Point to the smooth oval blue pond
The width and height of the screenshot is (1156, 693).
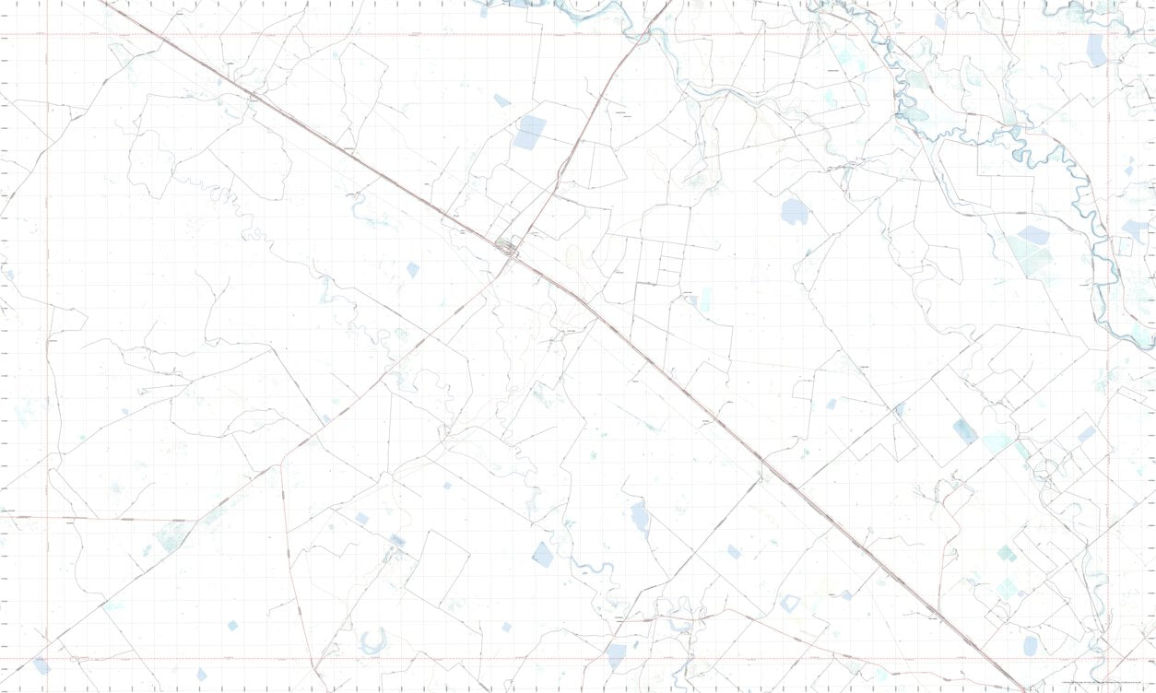(x=1031, y=645)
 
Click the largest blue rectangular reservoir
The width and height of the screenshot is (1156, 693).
(x=530, y=132)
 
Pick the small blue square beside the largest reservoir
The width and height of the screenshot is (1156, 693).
(x=501, y=100)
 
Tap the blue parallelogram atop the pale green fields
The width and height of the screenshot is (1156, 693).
(x=1033, y=235)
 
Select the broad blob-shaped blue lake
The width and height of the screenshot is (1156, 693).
(x=795, y=212)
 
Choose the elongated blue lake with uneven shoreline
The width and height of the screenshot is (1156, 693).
(x=640, y=518)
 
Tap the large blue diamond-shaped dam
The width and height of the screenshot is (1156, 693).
(x=542, y=554)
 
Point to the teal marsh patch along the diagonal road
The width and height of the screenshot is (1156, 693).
(x=170, y=536)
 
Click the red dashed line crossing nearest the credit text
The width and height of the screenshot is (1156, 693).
(x=1107, y=660)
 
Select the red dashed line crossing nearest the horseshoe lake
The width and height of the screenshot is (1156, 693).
(x=47, y=660)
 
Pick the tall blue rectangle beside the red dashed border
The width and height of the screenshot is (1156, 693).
(x=1096, y=51)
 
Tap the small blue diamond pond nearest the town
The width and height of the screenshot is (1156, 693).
(x=413, y=269)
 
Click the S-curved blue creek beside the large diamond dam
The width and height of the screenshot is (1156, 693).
(x=590, y=569)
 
